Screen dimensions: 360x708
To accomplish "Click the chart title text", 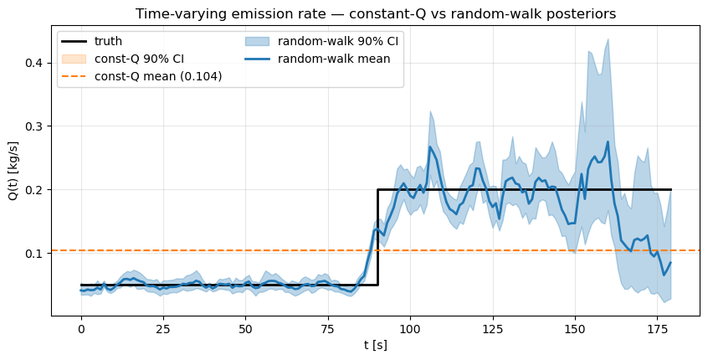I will [376, 13].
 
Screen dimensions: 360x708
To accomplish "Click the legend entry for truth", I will [109, 41].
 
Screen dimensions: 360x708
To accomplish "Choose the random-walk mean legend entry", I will [334, 59].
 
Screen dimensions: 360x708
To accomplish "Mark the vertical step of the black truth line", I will [377, 237].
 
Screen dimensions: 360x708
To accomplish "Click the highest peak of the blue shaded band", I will [608, 39].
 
